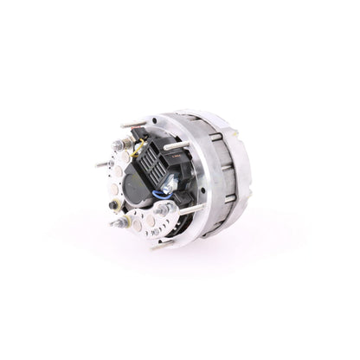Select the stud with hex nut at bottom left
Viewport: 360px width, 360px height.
tap(119, 223)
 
